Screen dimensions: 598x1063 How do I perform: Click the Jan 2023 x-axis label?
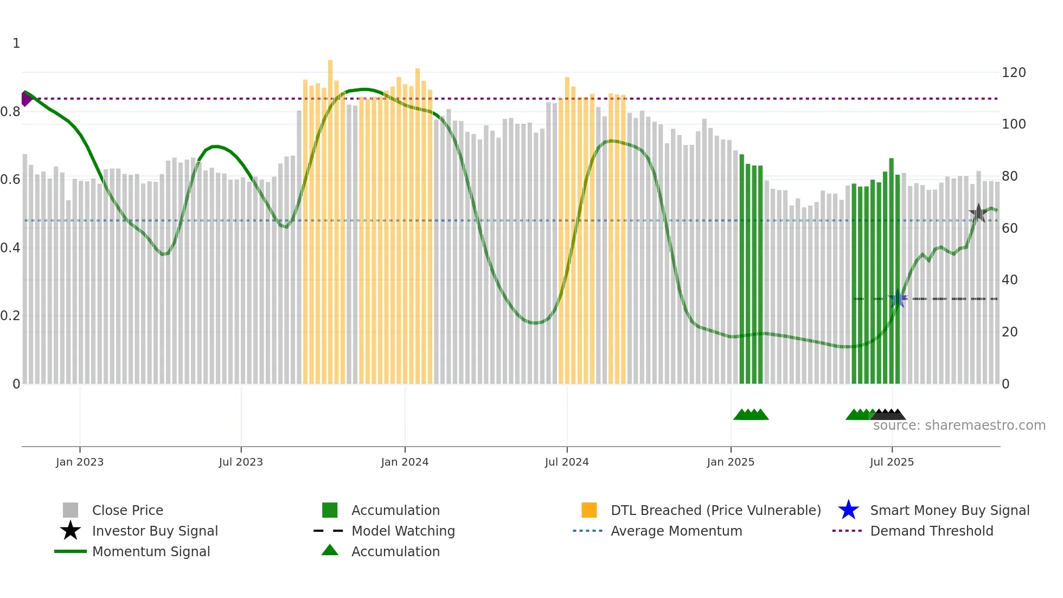pyautogui.click(x=80, y=462)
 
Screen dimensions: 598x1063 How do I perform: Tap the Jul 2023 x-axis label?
pyautogui.click(x=241, y=462)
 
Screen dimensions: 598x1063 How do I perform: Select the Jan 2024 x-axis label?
pyautogui.click(x=405, y=462)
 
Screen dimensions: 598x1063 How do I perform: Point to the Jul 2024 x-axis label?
pyautogui.click(x=567, y=462)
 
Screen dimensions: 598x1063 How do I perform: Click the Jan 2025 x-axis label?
pyautogui.click(x=731, y=462)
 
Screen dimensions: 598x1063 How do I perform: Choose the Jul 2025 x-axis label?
pyautogui.click(x=892, y=462)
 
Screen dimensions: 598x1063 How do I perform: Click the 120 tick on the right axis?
pyautogui.click(x=1014, y=73)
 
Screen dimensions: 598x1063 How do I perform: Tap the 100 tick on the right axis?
pyautogui.click(x=1014, y=124)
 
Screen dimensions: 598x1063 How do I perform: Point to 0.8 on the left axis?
pyautogui.click(x=10, y=112)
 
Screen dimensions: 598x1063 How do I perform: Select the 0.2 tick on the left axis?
pyautogui.click(x=10, y=316)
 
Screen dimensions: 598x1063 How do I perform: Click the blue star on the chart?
pyautogui.click(x=898, y=299)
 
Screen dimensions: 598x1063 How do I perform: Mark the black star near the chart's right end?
pyautogui.click(x=978, y=213)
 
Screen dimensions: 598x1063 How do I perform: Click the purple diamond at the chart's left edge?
pyautogui.click(x=25, y=99)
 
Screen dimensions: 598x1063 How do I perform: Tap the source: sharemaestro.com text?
pyautogui.click(x=959, y=425)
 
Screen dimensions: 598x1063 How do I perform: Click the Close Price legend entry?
pyautogui.click(x=127, y=511)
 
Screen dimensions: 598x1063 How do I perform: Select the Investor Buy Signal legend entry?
pyautogui.click(x=155, y=531)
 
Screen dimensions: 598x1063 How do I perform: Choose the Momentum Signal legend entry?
pyautogui.click(x=151, y=552)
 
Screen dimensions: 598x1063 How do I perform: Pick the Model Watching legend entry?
pyautogui.click(x=403, y=531)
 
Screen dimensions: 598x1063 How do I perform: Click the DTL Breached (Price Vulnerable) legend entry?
pyautogui.click(x=715, y=511)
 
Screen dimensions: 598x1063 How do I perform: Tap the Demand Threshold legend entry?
pyautogui.click(x=931, y=531)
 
